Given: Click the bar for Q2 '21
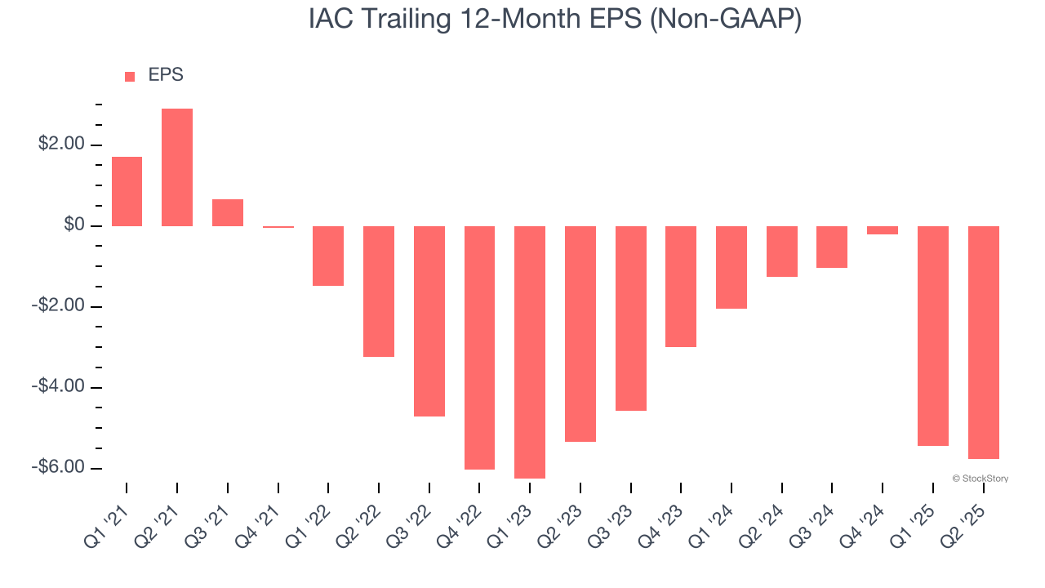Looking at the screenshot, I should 177,167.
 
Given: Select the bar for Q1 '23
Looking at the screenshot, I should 530,352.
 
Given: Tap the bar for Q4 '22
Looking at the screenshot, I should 479,348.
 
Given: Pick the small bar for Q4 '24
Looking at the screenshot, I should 883,230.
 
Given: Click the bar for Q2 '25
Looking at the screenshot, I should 984,342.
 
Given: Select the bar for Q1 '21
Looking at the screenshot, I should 127,191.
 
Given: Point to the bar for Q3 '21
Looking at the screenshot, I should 228,212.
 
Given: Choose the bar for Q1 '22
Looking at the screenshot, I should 328,256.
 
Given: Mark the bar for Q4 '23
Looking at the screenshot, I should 681,287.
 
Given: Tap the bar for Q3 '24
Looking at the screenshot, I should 832,247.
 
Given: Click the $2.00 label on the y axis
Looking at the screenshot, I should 61,145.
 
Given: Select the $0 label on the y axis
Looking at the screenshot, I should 73,225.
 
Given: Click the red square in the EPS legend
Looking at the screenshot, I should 130,77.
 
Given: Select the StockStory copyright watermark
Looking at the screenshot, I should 980,479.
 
